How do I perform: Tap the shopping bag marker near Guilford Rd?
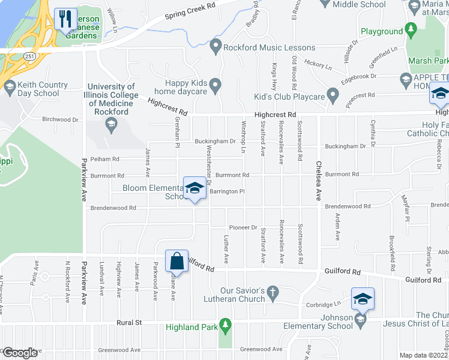[x=176, y=261]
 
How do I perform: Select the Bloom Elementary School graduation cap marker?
[x=194, y=188]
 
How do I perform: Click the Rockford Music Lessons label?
[x=270, y=47]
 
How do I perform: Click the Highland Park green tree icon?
[x=226, y=326]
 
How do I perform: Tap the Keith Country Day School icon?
[x=10, y=89]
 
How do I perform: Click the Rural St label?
[x=129, y=322]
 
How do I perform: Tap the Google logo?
[x=19, y=353]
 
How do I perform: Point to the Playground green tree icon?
[x=411, y=29]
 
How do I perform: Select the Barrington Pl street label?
[x=228, y=192]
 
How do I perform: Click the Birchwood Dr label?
[x=61, y=119]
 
